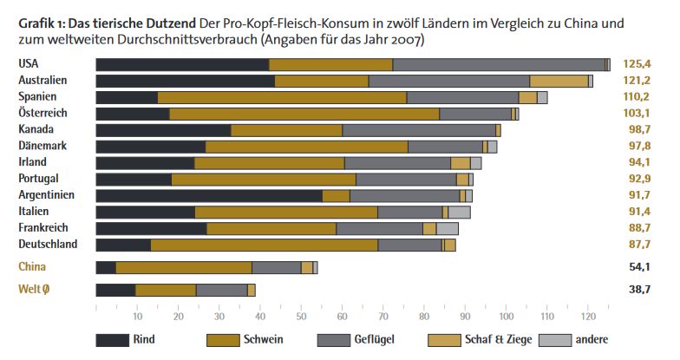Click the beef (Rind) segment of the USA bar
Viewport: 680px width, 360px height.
point(182,64)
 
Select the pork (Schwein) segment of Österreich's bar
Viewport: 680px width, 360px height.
point(304,114)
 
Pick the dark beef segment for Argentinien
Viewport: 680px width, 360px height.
point(208,195)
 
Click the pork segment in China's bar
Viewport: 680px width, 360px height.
point(183,267)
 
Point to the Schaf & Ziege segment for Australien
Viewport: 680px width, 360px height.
point(559,81)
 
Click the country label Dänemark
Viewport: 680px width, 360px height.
point(42,146)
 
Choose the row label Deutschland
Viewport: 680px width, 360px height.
point(49,244)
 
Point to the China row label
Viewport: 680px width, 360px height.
point(32,266)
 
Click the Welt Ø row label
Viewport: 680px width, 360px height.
point(36,290)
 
